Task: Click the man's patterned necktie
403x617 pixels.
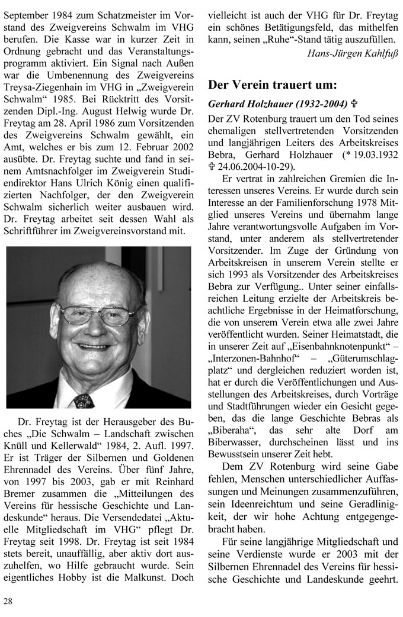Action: click(84, 400)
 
